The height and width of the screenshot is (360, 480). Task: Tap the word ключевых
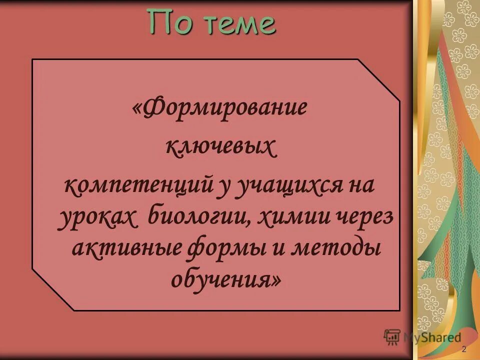[x=220, y=148]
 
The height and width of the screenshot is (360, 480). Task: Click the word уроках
[x=97, y=218]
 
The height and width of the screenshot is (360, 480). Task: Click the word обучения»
[x=226, y=280]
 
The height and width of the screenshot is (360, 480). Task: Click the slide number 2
[x=464, y=348]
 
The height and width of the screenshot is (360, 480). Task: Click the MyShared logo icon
[x=392, y=338]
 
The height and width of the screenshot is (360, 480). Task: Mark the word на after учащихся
[x=359, y=187]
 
